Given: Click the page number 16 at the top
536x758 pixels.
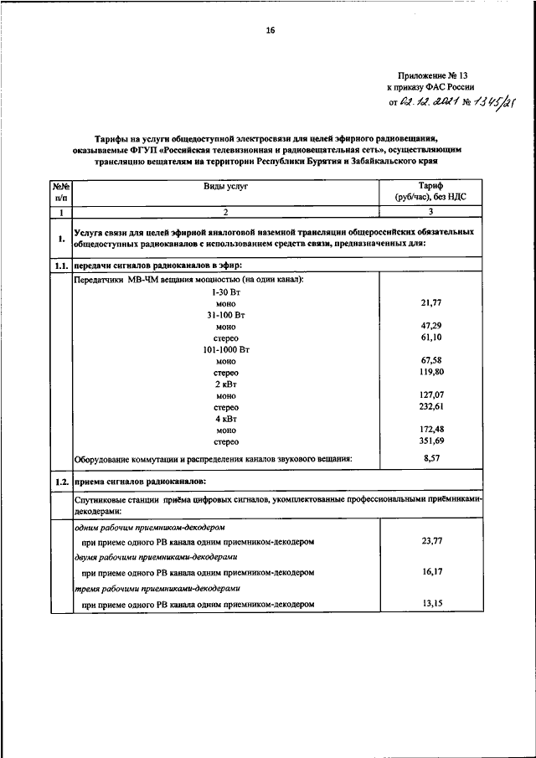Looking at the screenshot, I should pos(270,31).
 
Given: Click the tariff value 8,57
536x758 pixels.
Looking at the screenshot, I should pos(431,458).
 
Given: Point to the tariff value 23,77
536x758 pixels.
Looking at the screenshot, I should pos(431,541).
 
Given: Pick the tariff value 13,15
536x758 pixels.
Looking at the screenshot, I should pos(431,603).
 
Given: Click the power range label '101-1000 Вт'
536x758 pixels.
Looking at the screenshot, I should pos(226,348).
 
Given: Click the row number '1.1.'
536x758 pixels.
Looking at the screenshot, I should pos(60,265).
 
